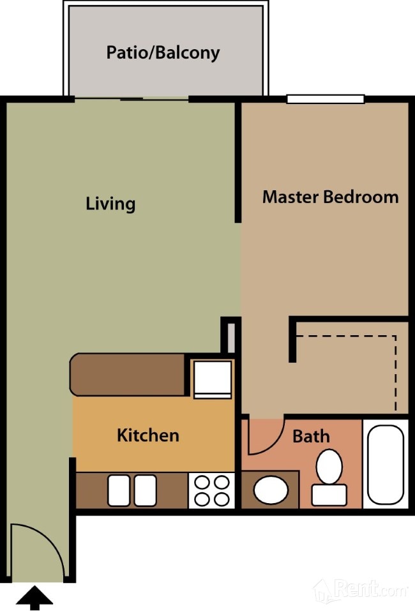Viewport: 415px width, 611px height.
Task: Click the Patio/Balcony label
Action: [x=163, y=52]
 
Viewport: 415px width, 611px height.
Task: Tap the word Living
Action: [x=110, y=204]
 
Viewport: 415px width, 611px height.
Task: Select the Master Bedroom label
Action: [x=331, y=197]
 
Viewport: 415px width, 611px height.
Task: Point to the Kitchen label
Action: [x=148, y=435]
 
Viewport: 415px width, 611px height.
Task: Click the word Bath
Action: [x=311, y=436]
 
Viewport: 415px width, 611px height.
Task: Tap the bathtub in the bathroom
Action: [x=386, y=464]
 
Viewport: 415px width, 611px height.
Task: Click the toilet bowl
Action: [x=329, y=467]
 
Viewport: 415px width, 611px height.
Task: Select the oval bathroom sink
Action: [x=271, y=490]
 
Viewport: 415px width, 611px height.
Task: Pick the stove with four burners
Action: [x=211, y=490]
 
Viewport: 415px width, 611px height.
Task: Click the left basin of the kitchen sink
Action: [x=119, y=490]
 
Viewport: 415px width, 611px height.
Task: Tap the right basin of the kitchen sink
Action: [x=146, y=490]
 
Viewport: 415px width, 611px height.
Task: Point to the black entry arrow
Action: [x=34, y=598]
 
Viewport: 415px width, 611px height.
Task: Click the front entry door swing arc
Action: [x=50, y=538]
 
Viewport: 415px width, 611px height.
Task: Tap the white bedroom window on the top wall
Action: [x=326, y=99]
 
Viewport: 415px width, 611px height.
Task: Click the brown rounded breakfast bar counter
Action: [x=128, y=375]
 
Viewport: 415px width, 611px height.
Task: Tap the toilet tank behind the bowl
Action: [x=329, y=495]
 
